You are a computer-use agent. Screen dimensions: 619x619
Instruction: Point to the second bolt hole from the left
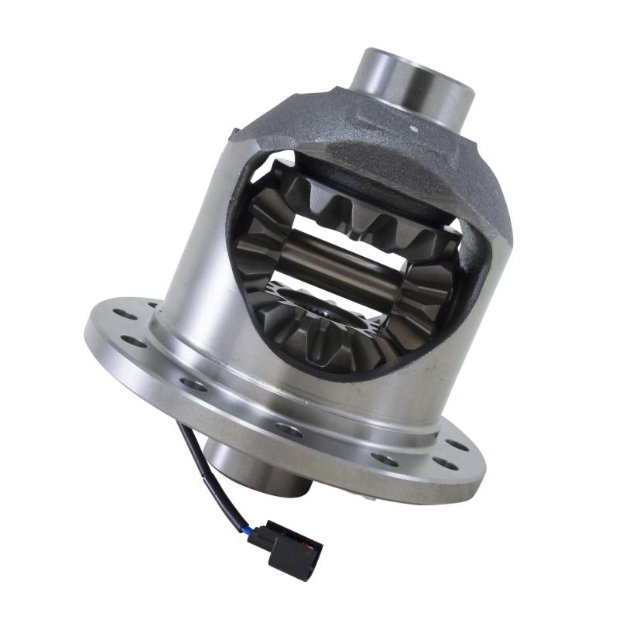(133, 341)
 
